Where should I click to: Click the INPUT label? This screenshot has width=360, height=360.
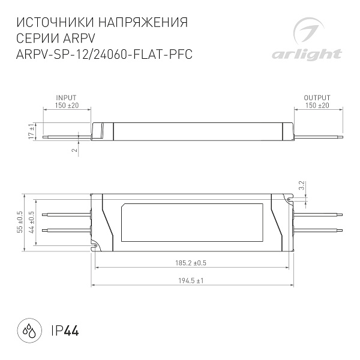(x=66, y=98)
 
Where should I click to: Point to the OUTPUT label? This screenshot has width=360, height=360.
(x=317, y=98)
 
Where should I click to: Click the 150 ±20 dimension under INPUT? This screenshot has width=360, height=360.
(x=66, y=106)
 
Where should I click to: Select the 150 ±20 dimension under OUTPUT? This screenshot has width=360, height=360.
(x=317, y=106)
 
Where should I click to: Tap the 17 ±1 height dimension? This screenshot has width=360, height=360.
(x=31, y=132)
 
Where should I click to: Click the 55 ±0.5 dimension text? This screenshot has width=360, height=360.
(x=20, y=222)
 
